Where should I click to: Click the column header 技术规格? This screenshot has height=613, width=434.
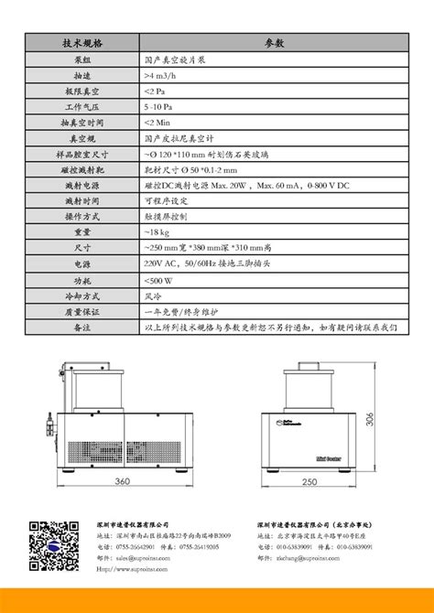[81, 43]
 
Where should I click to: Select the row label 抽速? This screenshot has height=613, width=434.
[81, 75]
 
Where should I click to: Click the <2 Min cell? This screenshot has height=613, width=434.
[158, 123]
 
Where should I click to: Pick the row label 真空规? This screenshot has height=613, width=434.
[81, 138]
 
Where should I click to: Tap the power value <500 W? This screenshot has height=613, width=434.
[160, 281]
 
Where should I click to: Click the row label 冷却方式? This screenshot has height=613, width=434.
[81, 296]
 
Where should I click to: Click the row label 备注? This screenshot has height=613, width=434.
[81, 328]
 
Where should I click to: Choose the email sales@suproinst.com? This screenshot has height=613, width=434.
[134, 556]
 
